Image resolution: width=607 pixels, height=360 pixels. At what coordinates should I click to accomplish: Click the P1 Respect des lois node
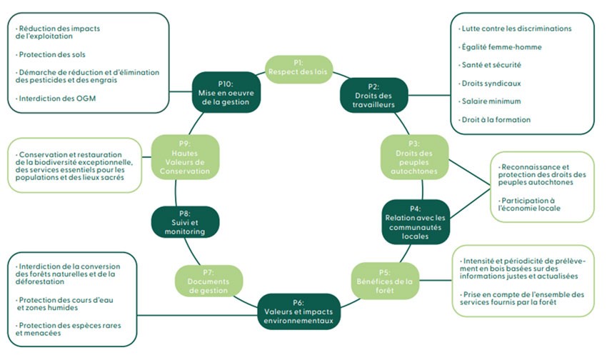coord(299,69)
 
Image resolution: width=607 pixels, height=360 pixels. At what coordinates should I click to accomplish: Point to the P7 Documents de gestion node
coord(209,279)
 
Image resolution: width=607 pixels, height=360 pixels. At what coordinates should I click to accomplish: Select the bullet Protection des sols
coord(56,54)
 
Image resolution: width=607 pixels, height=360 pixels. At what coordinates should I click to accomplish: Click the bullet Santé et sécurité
coord(496,65)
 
